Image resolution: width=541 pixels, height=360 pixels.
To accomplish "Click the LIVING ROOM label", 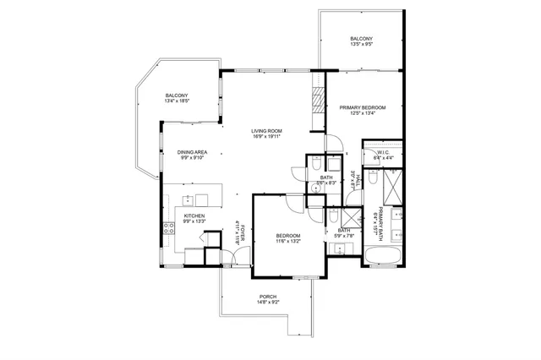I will [x=265, y=131].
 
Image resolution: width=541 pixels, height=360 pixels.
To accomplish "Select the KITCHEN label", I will [x=194, y=215].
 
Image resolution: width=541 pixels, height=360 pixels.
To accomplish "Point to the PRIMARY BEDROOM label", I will [x=362, y=108].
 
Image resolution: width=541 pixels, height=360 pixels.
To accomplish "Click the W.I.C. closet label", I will [x=383, y=152].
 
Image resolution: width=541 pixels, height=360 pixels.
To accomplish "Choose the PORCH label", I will [x=269, y=296].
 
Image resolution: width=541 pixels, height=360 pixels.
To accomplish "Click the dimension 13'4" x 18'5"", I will [x=177, y=101].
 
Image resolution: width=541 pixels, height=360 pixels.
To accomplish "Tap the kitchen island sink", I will [x=188, y=200].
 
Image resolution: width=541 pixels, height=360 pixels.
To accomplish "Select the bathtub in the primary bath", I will [x=384, y=256].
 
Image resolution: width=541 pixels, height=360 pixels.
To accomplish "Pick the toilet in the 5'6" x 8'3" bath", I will [x=310, y=163].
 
